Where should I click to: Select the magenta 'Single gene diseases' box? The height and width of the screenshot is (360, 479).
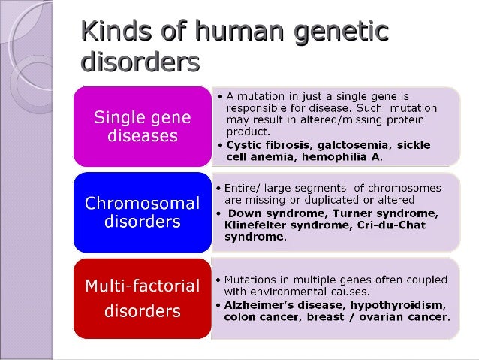click(142, 127)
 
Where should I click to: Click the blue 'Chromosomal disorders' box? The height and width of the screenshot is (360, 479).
click(142, 212)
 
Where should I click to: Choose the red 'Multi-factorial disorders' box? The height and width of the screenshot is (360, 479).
click(142, 298)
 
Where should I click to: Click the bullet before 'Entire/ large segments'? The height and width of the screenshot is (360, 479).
click(218, 187)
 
